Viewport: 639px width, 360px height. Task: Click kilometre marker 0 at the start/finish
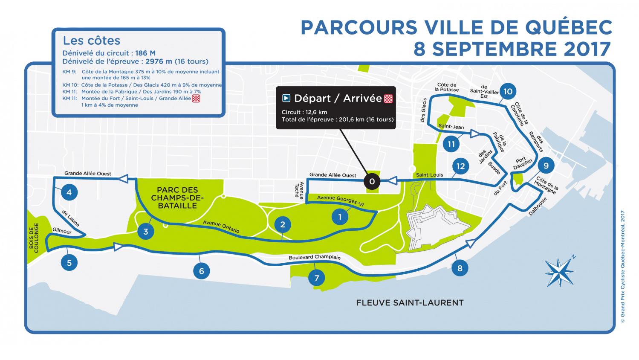tap(372, 182)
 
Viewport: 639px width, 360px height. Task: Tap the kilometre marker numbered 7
tap(316, 279)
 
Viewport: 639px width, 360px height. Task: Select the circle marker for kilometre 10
tap(507, 91)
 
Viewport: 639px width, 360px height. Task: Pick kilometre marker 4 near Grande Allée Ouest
tap(69, 192)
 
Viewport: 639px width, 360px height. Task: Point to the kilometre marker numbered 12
tap(460, 166)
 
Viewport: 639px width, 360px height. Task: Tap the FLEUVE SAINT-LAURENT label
tap(410, 303)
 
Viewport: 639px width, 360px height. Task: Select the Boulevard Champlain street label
tap(315, 257)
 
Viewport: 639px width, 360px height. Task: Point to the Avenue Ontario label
tap(221, 226)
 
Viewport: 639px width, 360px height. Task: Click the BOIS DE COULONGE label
tap(34, 238)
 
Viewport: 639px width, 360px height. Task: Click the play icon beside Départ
tap(287, 99)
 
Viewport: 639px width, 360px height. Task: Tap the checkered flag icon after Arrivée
tap(388, 99)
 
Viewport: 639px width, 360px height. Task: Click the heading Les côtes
tap(91, 41)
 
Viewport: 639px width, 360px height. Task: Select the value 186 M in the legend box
tap(145, 53)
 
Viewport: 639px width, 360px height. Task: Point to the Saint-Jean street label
tap(451, 126)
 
